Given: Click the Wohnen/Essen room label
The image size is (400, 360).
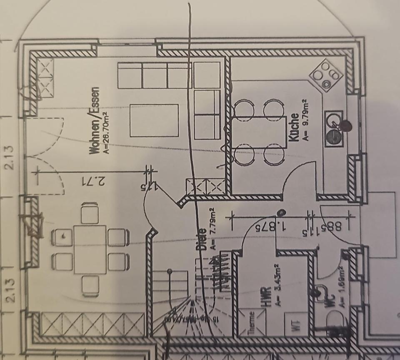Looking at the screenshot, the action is [x=95, y=121].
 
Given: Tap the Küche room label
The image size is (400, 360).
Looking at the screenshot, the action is [x=294, y=127].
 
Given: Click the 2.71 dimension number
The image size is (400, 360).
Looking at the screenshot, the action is [x=93, y=182].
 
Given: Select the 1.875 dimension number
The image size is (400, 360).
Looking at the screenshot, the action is [x=273, y=227].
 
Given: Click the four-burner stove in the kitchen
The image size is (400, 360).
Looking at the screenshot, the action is [x=326, y=75].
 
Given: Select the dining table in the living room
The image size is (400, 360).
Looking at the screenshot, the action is [x=90, y=249].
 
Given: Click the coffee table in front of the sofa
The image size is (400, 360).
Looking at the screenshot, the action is [x=154, y=121].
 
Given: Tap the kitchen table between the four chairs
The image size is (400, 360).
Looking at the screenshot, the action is [x=259, y=133].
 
